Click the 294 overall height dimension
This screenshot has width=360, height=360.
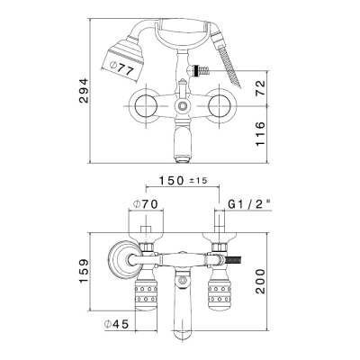point(84,91)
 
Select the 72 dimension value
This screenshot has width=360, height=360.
point(260,88)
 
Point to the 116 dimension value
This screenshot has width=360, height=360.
point(260,134)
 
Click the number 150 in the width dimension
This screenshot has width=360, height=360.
point(171,181)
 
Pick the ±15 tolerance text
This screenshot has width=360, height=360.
point(198,181)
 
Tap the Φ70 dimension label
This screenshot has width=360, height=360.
point(146,204)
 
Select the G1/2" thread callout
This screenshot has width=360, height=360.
point(248,204)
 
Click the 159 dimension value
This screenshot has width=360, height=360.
point(84,271)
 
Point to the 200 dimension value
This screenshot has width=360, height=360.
point(260,281)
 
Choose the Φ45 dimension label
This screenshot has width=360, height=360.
point(116,324)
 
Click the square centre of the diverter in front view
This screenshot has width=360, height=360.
point(182,106)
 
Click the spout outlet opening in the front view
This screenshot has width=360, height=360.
point(182,158)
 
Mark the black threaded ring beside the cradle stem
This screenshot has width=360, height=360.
point(197,72)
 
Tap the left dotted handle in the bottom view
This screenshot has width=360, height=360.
point(147,292)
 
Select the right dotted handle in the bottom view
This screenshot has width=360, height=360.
point(220,292)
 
